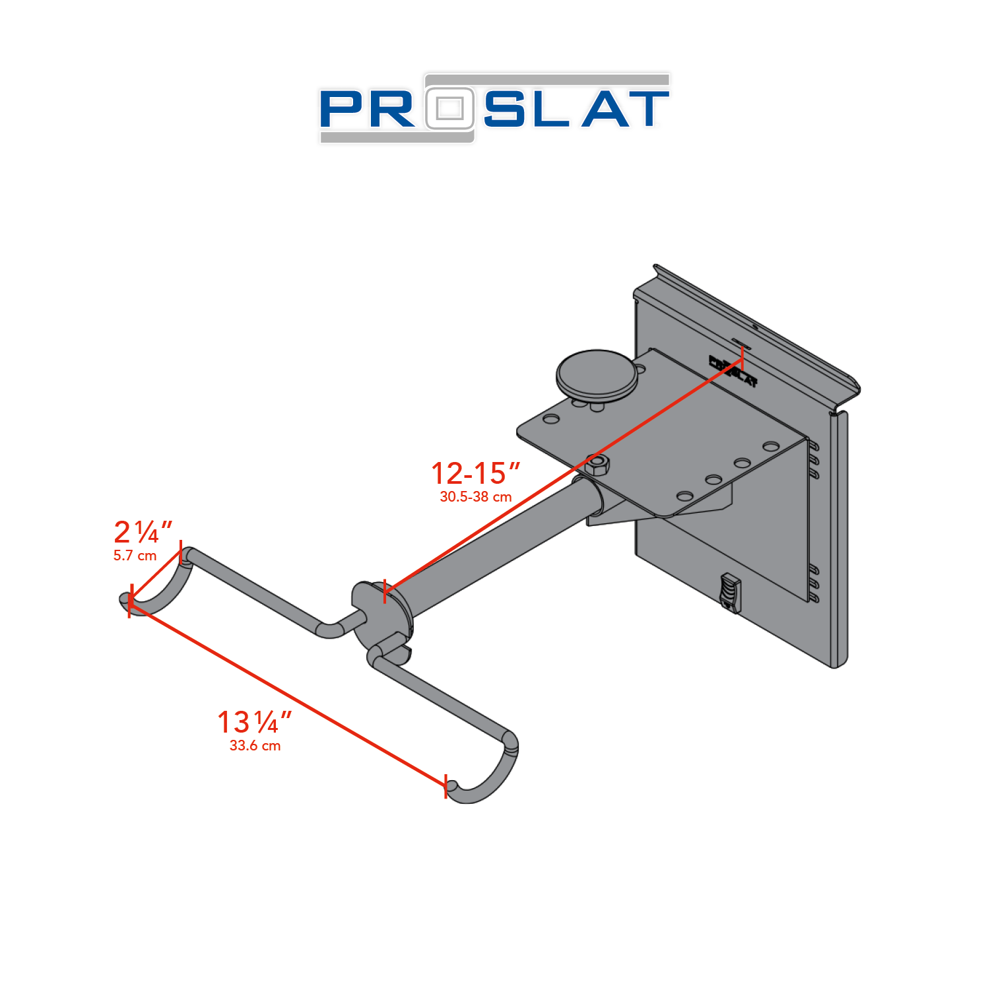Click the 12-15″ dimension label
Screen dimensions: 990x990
coord(475,473)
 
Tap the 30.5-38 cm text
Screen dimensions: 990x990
coord(475,497)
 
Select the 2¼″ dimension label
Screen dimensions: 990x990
coord(143,532)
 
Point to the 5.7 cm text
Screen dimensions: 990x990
coord(135,556)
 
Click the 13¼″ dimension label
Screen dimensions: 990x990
coord(254,722)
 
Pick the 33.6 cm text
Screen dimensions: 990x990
coord(255,746)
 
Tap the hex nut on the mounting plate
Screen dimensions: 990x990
coord(597,465)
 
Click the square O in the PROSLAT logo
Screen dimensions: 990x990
coord(450,108)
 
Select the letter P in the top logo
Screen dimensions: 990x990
coord(343,110)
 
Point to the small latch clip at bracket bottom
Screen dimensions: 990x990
coord(730,591)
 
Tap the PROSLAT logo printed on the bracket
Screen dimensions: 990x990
coord(733,372)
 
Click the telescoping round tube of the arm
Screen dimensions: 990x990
coord(502,548)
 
